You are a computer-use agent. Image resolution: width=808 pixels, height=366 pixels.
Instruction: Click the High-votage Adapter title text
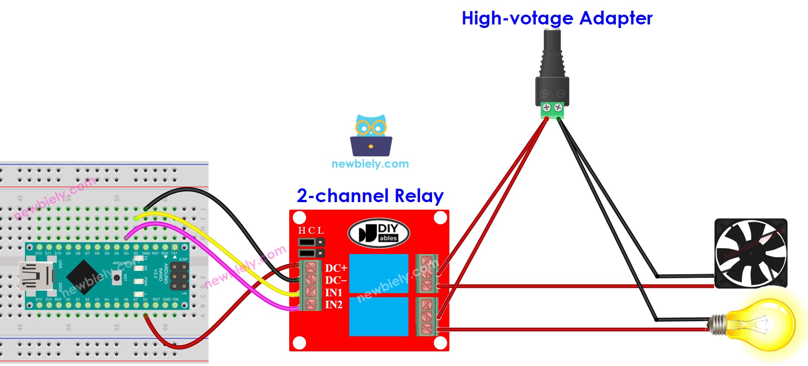pyautogui.click(x=557, y=19)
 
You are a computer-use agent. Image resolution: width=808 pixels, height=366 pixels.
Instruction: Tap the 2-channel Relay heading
pyautogui.click(x=370, y=196)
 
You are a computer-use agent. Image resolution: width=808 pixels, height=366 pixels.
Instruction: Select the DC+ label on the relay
pyautogui.click(x=335, y=268)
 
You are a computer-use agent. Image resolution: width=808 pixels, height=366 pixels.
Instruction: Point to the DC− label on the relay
pyautogui.click(x=335, y=280)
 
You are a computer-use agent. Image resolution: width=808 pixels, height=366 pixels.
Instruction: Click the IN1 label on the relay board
pyautogui.click(x=334, y=293)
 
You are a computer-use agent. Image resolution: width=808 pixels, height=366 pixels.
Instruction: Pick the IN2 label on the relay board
pyautogui.click(x=334, y=305)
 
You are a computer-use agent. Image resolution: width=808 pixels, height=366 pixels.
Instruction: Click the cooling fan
pyautogui.click(x=751, y=253)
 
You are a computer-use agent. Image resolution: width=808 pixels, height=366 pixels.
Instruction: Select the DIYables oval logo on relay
pyautogui.click(x=379, y=233)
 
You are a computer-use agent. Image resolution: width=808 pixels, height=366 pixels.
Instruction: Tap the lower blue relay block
pyautogui.click(x=379, y=316)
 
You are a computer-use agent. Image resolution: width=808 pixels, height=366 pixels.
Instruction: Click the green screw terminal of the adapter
pyautogui.click(x=552, y=110)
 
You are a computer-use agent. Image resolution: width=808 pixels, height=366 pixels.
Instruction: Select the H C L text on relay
pyautogui.click(x=311, y=231)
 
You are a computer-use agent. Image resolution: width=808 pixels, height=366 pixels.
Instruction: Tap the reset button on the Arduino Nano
pyautogui.click(x=117, y=278)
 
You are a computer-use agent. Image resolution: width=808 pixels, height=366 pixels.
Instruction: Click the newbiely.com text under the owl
pyautogui.click(x=370, y=164)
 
